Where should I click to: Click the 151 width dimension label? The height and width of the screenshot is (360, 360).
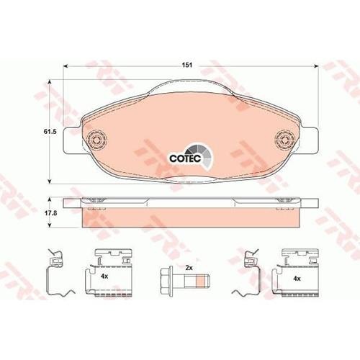(187, 65)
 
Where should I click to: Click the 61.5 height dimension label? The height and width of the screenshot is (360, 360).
(50, 132)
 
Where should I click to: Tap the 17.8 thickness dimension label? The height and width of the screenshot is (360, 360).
(50, 212)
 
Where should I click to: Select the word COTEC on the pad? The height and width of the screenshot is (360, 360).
(185, 158)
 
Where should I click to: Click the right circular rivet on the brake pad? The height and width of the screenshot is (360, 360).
(285, 140)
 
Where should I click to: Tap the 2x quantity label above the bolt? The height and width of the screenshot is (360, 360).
(189, 268)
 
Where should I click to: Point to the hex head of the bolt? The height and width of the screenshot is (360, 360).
(166, 279)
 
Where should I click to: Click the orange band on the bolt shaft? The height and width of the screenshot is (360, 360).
(201, 281)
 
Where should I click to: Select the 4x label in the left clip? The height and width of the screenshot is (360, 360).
(104, 276)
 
